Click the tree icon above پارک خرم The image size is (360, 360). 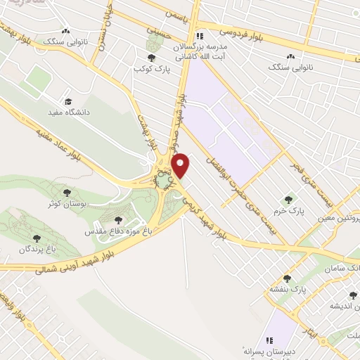point(286,200)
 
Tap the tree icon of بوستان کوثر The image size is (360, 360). point(68,191)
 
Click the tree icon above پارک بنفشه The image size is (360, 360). point(287,278)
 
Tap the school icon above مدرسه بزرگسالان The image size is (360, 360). point(200,36)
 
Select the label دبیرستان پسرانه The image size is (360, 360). point(266,349)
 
